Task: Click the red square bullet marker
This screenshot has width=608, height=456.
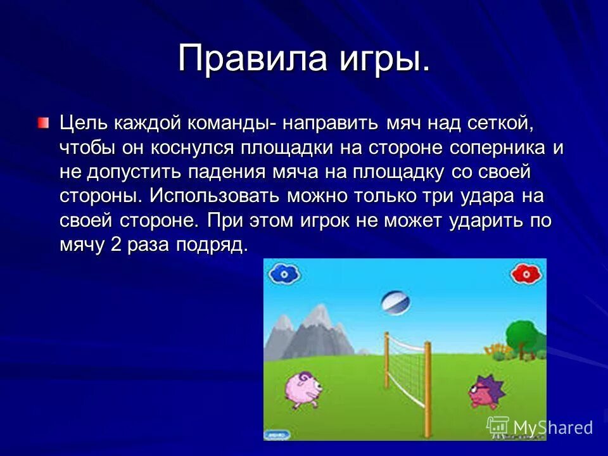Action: (42, 122)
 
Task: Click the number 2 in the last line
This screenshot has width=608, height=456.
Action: (115, 244)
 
